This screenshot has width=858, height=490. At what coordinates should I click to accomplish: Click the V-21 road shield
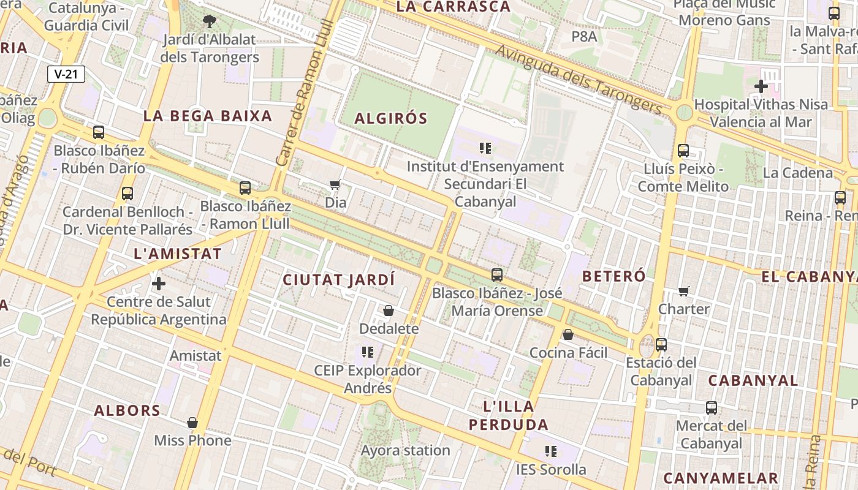click(x=66, y=74)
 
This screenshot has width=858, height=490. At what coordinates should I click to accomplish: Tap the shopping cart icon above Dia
click(x=335, y=184)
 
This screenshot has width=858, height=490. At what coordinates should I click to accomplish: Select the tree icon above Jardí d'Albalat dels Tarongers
click(x=209, y=22)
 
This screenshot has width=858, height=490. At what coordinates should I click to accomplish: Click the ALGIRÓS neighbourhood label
click(x=391, y=118)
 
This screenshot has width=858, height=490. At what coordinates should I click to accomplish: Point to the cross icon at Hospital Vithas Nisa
click(x=761, y=86)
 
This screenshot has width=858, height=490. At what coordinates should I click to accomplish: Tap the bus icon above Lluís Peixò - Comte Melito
click(x=683, y=150)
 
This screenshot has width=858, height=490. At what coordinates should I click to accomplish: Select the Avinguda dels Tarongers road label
click(x=579, y=80)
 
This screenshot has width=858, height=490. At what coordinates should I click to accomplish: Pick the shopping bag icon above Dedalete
click(x=389, y=311)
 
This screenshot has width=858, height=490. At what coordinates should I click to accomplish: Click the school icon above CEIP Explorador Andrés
click(x=368, y=352)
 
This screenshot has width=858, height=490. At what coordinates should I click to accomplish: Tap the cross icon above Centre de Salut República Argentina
click(x=159, y=284)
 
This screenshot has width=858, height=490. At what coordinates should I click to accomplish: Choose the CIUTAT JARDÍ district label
click(x=339, y=280)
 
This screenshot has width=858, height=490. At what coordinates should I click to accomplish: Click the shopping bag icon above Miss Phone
click(x=192, y=423)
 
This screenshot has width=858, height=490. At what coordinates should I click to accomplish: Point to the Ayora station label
click(x=405, y=450)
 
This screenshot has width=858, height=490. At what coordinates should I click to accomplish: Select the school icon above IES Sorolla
click(x=551, y=452)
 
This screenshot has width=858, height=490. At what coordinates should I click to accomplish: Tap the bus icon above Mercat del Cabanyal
click(x=712, y=407)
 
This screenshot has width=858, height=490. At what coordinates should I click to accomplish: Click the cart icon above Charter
click(x=684, y=291)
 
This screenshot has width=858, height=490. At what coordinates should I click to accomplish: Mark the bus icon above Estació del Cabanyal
click(x=661, y=344)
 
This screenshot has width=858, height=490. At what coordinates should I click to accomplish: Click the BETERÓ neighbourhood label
click(x=613, y=276)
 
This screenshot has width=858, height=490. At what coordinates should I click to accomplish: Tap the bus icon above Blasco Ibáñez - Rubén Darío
click(x=99, y=132)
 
